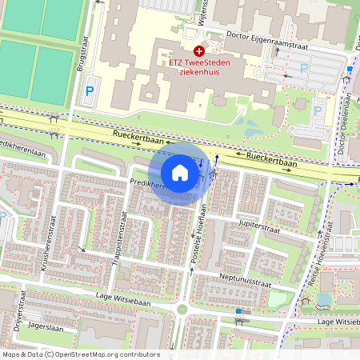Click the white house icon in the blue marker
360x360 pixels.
coord(180,173)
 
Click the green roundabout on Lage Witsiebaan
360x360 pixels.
coord(182,309)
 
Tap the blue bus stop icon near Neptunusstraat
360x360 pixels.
coord(238,310)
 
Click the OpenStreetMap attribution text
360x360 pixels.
coord(80,354)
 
